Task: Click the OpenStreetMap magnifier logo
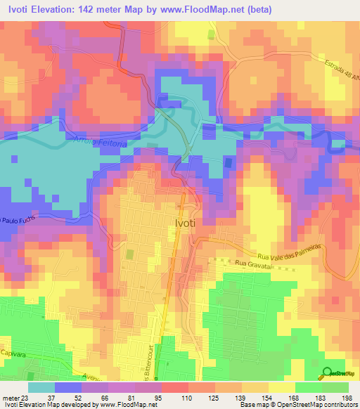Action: point(328,373)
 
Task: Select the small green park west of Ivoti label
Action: point(129,254)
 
